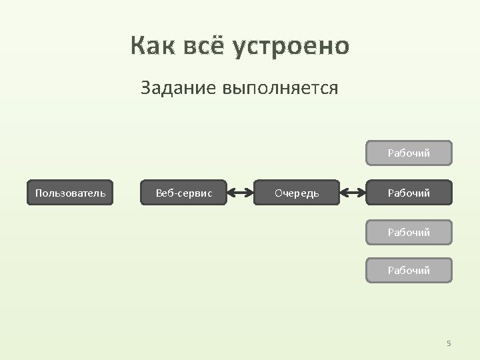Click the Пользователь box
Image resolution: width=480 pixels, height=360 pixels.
(x=70, y=193)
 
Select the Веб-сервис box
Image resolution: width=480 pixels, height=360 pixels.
(x=183, y=193)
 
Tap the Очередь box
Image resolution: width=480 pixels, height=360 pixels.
(x=297, y=193)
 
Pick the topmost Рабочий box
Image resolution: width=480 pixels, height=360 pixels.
(x=409, y=153)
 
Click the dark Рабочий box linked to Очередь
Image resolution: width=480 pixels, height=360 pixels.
(x=409, y=193)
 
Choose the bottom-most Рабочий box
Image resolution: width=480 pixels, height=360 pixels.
(x=409, y=271)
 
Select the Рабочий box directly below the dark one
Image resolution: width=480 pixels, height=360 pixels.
(x=409, y=233)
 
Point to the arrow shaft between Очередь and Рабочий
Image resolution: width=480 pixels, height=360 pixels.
(x=353, y=193)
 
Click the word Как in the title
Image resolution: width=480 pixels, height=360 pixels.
(x=152, y=47)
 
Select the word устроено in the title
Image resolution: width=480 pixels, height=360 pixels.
(x=291, y=47)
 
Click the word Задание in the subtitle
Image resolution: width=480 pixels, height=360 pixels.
(x=178, y=87)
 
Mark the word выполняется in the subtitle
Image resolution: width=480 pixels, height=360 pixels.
(x=280, y=87)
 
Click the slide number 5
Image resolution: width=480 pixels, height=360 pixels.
(x=449, y=343)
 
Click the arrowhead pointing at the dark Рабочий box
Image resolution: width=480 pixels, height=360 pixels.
(x=363, y=193)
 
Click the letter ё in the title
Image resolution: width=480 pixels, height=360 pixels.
(x=217, y=45)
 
